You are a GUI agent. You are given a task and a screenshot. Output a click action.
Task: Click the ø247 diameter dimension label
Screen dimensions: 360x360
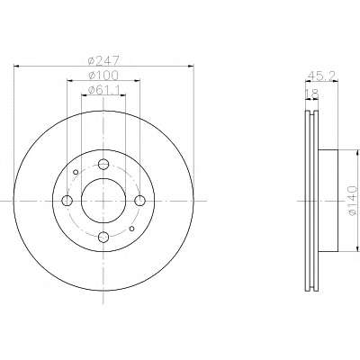103,60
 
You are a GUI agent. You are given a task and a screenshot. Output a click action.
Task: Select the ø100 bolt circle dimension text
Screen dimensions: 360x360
103,76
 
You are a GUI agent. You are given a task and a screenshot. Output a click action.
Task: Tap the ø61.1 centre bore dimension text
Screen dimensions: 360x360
103,90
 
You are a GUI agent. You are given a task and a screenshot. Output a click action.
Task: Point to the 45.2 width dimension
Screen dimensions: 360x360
321,76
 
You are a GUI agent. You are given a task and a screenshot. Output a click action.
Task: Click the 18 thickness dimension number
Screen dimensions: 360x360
311,94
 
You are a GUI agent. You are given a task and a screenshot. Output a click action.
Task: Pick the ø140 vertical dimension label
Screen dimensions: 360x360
352,201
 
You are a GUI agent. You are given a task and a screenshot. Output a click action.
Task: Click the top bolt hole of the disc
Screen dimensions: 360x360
103,164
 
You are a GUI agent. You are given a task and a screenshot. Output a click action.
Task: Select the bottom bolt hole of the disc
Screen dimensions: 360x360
103,238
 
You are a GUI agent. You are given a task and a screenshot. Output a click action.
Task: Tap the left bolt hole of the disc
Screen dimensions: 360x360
67,201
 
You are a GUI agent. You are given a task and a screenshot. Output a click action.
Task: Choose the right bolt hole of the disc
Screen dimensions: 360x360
139,201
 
